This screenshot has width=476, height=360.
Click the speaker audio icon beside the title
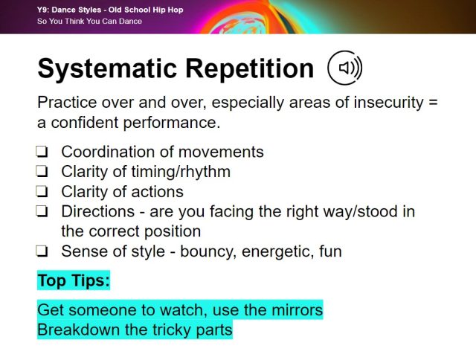tap(345, 68)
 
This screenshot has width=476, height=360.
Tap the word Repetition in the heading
tap(253, 69)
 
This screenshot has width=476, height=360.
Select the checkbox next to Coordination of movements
tap(42, 152)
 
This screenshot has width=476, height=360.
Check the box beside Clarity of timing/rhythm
tap(42, 173)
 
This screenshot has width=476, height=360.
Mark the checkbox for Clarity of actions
tap(42, 192)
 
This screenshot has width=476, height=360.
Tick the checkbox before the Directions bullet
tap(42, 212)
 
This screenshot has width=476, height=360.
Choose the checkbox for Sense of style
tap(42, 251)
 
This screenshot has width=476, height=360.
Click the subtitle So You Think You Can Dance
tap(89, 21)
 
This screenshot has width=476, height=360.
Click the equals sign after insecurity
tap(434, 103)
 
